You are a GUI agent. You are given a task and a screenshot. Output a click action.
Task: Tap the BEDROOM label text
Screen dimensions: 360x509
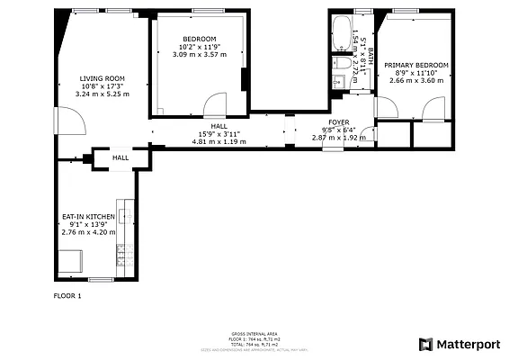click(x=199, y=39)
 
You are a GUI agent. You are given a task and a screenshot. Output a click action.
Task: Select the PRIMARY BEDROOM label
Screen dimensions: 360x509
click(x=416, y=65)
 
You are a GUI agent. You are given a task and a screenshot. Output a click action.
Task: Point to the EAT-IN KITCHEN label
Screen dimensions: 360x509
click(x=88, y=217)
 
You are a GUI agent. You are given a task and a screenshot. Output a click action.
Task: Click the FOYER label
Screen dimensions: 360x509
click(x=339, y=121)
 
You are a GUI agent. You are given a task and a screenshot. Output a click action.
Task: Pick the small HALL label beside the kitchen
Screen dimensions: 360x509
click(x=120, y=158)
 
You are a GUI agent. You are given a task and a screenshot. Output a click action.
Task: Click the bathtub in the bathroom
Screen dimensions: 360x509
click(x=342, y=35)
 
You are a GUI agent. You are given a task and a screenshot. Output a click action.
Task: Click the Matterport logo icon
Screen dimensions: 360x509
click(x=425, y=344)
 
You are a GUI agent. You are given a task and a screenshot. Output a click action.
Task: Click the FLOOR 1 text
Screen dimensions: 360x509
click(x=67, y=295)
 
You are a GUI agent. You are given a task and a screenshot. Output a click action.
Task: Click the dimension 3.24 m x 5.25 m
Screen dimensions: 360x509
click(x=103, y=94)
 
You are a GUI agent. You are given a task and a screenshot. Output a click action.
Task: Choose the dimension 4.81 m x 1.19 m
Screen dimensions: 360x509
click(x=219, y=141)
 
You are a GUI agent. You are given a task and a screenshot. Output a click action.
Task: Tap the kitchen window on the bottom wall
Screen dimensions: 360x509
click(x=101, y=280)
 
